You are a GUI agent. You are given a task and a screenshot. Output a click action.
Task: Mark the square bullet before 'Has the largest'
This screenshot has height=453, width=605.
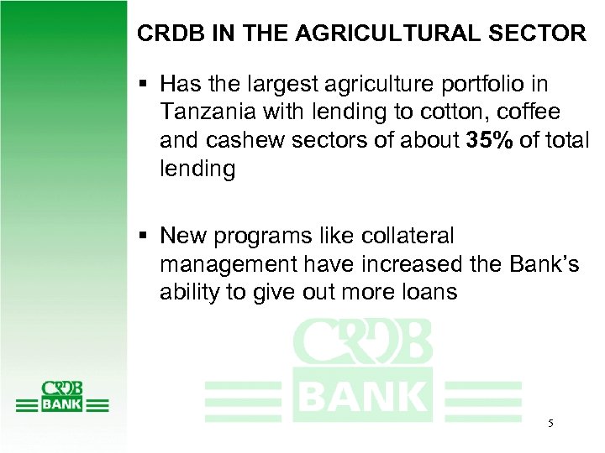(x=144, y=84)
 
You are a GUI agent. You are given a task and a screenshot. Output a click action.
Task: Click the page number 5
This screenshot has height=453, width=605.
(x=550, y=424)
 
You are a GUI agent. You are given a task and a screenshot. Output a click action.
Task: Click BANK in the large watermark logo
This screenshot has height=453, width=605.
(x=362, y=394)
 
